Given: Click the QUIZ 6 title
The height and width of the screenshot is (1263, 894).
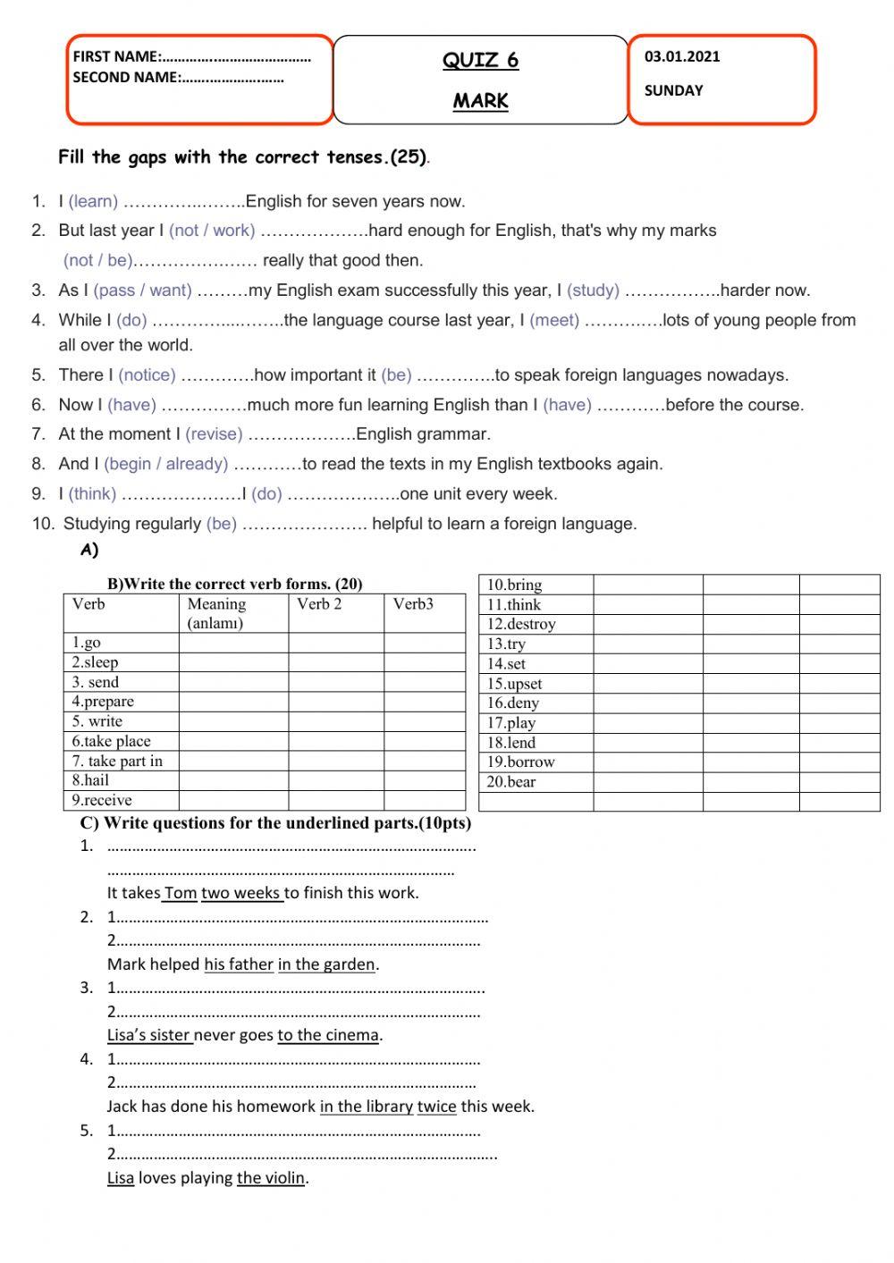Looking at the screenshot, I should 480,60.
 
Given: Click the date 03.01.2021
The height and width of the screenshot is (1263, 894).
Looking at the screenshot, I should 681,56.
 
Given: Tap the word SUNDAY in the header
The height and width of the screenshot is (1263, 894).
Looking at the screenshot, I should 673,90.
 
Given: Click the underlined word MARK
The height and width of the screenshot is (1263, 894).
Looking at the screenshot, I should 480,101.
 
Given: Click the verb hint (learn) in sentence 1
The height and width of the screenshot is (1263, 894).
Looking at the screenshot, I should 93,201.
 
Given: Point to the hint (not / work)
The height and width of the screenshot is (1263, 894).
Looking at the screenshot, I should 212,231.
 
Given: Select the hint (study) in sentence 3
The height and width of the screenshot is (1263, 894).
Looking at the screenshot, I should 593,290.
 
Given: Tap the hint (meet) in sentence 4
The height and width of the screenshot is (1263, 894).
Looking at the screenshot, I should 554,320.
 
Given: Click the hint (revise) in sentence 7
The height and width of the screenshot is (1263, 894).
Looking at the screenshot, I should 214,434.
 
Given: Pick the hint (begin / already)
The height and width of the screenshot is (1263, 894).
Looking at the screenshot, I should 165,464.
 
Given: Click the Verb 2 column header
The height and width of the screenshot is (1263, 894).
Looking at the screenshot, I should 319,604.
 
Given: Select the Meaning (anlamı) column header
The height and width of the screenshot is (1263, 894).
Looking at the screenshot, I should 216,613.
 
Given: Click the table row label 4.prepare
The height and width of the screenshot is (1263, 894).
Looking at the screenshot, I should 103,702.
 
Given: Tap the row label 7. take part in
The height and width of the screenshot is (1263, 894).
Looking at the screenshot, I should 117,761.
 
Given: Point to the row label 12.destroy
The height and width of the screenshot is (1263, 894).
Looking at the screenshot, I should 521,624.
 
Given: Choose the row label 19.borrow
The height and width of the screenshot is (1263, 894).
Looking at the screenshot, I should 520,762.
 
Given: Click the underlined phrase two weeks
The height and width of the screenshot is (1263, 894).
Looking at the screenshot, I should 241,893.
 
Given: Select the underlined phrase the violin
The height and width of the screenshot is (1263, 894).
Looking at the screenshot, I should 271,1178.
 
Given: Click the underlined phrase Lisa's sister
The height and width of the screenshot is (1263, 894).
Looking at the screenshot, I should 149,1035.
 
